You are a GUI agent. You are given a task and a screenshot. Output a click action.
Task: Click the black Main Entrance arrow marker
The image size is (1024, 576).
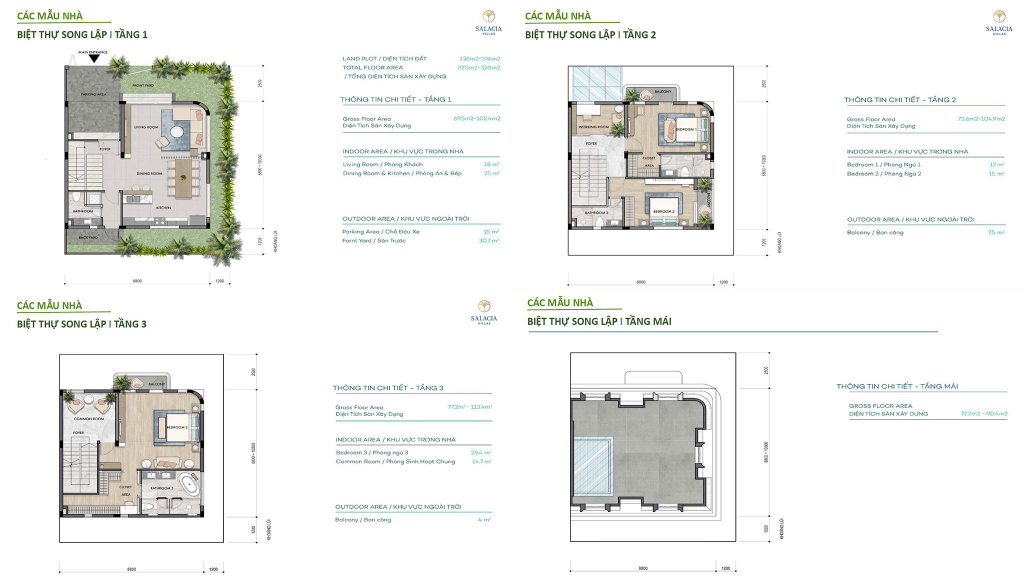[x=94, y=58]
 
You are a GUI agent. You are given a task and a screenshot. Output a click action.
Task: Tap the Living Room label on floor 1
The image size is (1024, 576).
[x=146, y=127]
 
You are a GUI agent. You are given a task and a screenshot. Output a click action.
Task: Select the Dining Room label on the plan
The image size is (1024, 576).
[x=149, y=173]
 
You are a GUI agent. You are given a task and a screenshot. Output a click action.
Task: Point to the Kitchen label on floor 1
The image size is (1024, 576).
[x=163, y=207]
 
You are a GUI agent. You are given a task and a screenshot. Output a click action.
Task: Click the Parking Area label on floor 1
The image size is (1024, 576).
[x=93, y=94]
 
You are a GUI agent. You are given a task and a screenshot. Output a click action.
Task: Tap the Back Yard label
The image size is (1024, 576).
[x=88, y=237]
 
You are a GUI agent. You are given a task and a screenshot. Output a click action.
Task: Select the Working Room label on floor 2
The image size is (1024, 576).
[x=593, y=127]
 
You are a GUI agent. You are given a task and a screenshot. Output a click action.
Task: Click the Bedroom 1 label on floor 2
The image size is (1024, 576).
[x=686, y=129]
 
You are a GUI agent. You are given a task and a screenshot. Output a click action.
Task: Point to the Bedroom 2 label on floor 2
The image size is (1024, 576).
[x=663, y=211]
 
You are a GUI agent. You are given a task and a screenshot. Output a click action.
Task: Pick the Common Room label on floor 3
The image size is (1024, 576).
[x=89, y=419]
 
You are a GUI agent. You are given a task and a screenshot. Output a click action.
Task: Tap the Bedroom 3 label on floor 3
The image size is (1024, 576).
[x=177, y=427]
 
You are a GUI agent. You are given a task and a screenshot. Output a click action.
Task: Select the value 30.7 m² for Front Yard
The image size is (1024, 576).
[x=489, y=240]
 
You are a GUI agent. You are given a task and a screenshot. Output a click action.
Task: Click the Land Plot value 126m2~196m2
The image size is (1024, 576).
[x=479, y=58]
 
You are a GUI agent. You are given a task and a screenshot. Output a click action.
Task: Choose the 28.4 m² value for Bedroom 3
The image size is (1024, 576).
[x=481, y=452]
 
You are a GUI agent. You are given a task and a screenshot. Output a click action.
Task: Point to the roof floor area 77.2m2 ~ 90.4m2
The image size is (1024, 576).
[x=984, y=413]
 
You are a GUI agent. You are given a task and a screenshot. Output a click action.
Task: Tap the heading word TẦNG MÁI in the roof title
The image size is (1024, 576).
[x=648, y=321]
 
